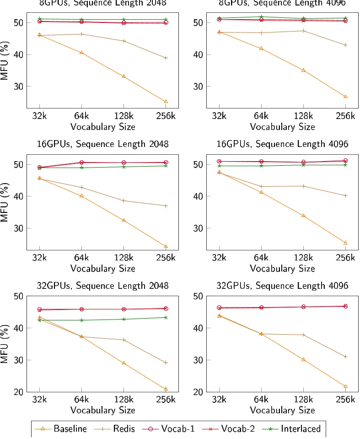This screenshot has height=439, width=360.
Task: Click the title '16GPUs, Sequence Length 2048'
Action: [x=102, y=144]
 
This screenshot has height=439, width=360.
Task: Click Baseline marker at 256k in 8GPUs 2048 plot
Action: [x=166, y=102]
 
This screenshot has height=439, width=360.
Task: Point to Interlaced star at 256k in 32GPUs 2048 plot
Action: [x=166, y=317]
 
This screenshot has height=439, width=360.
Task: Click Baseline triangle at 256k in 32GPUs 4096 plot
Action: [x=345, y=386]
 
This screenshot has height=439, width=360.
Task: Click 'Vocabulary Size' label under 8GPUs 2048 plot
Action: [x=102, y=127]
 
